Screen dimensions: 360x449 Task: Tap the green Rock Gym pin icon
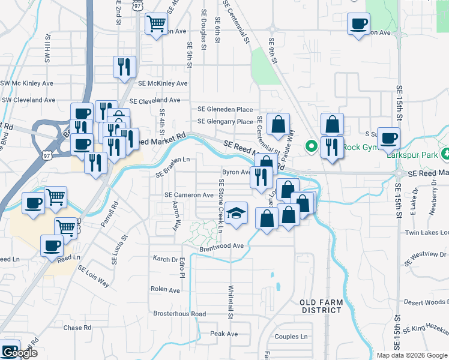312,146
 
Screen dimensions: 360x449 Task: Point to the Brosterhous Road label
179,314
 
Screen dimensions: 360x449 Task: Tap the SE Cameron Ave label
190,195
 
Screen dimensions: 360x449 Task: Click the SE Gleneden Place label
225,109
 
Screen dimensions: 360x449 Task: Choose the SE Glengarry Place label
225,122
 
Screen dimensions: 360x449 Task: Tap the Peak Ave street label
224,334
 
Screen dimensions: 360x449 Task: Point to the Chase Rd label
77,328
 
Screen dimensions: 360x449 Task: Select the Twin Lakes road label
427,232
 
